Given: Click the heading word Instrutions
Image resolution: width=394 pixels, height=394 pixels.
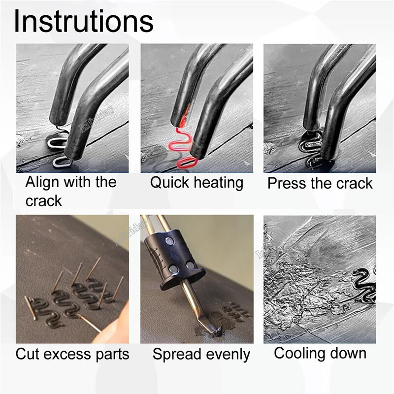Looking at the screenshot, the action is [84, 21].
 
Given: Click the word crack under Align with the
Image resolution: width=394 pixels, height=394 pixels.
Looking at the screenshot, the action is [43, 201].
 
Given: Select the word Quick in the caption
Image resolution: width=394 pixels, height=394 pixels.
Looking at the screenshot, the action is [169, 183].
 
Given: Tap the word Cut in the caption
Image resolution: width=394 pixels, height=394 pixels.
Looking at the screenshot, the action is [28, 354].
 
